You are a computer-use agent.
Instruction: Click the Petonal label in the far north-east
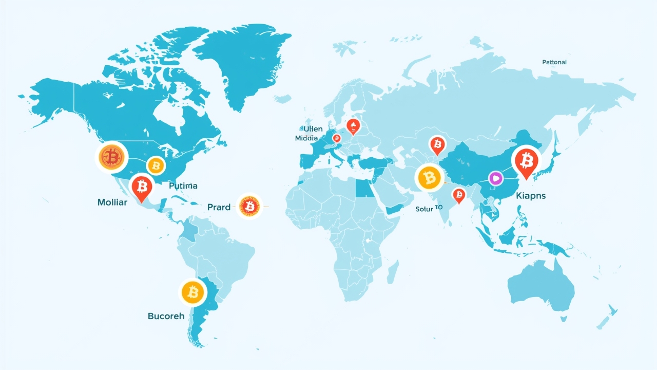(554, 62)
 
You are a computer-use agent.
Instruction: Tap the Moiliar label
(112, 202)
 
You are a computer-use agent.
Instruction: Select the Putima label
(183, 186)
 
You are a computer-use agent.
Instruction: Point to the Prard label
(219, 207)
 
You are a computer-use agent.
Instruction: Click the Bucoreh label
(166, 316)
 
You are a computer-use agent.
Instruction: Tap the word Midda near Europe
(306, 138)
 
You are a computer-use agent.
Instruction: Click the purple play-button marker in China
(495, 178)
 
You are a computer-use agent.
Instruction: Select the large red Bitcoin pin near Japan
(526, 161)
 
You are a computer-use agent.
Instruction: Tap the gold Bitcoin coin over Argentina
(193, 293)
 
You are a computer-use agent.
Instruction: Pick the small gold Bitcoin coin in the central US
(155, 165)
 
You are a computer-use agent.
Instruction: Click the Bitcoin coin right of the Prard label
(250, 207)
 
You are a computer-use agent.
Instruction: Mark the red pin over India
(458, 194)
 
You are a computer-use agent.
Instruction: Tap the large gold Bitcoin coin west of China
(430, 178)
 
